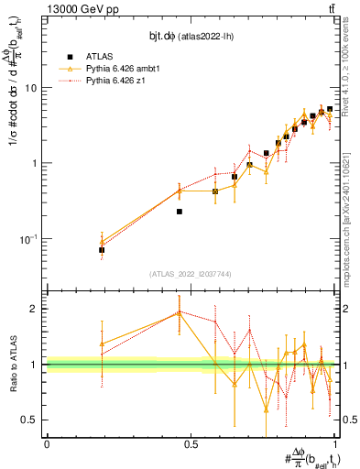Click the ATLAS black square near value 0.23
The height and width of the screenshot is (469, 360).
coord(180,212)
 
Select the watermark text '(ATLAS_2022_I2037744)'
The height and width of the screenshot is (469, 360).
coord(189,274)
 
